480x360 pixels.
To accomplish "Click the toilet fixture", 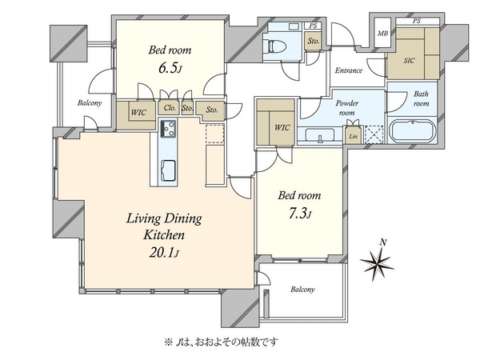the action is pos(277,46).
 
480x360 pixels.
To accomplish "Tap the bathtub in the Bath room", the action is pos(412,130).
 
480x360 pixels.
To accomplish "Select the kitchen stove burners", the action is pos(167,129).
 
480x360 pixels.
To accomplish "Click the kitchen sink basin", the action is pos(168,170).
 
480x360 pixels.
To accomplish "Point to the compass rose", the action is pos(377,262).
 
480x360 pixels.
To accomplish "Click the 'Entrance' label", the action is pos(348,70).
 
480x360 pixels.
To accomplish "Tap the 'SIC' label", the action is pos(409,60).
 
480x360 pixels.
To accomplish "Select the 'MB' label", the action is pos(382,34).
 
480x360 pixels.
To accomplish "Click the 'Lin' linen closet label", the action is pos(353,136).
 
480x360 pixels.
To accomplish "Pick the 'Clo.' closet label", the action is pos(170,108).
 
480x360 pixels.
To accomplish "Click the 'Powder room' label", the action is pos(347,108).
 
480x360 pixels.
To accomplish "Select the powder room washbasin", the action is pos(320,135).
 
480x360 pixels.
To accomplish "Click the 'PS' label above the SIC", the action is pos(416,21).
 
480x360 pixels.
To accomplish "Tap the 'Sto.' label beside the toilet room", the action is pos(313,41).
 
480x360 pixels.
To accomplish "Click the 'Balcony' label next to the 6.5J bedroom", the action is pos(90,103).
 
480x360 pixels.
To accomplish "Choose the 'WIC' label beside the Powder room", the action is pos(282,127).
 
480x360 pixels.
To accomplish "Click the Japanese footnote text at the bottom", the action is pos(221,342).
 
